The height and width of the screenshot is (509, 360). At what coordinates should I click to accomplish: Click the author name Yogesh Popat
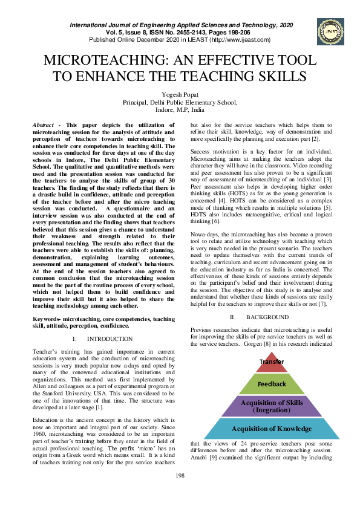pos(180,96)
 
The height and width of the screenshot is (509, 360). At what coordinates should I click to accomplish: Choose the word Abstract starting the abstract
pos(44,123)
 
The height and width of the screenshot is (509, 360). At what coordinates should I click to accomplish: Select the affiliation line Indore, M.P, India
pos(180,111)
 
